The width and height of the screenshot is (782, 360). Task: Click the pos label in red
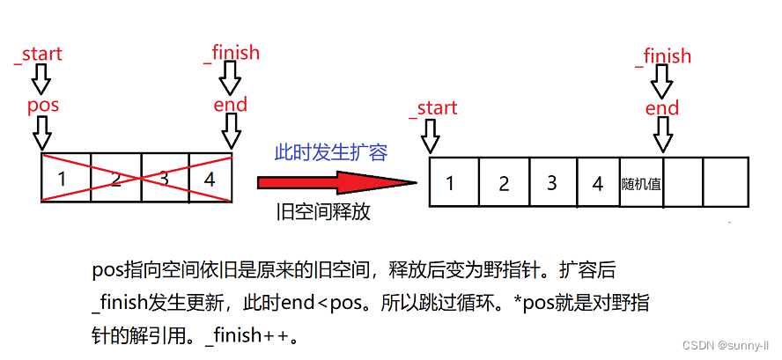(42, 106)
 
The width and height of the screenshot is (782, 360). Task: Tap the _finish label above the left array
(232, 53)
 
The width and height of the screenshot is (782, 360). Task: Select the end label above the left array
(231, 106)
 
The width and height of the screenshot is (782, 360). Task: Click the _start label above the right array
(432, 108)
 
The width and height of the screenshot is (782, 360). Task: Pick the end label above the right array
(662, 108)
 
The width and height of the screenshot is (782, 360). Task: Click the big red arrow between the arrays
(335, 182)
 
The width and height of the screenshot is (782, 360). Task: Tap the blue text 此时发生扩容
(330, 152)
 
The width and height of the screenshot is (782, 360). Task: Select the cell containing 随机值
(641, 183)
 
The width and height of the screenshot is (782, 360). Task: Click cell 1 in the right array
(451, 183)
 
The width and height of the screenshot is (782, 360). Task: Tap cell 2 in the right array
(503, 183)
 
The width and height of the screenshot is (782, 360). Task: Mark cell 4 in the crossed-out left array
(210, 179)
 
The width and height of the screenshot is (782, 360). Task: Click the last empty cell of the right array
(726, 182)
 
